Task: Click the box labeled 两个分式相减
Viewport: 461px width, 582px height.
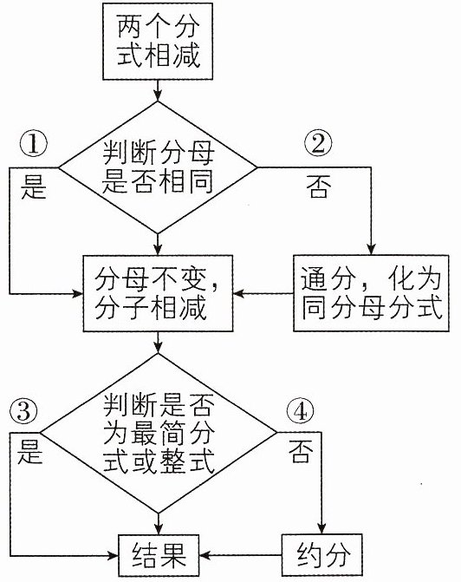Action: click(x=158, y=42)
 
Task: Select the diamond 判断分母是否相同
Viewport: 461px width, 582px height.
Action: click(x=158, y=167)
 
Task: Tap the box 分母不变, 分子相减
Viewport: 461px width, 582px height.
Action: click(x=158, y=293)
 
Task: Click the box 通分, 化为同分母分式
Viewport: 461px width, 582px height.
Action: click(x=371, y=293)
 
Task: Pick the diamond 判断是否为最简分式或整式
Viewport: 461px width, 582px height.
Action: click(x=159, y=433)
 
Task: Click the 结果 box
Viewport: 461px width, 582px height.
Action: click(x=159, y=555)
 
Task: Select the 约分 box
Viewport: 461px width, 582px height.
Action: click(x=322, y=555)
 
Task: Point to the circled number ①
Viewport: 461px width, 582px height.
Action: click(x=34, y=145)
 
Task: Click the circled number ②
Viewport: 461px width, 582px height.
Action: click(x=318, y=144)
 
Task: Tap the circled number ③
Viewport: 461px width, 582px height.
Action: click(x=23, y=412)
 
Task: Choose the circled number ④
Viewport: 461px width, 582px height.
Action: click(x=301, y=412)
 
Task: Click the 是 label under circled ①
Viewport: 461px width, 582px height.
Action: click(x=34, y=187)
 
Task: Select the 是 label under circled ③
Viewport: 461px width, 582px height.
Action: click(x=29, y=452)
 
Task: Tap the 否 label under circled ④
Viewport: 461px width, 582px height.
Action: click(x=301, y=451)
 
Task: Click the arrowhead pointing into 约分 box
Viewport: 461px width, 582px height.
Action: click(x=322, y=529)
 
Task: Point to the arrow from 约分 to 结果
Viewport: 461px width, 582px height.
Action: click(x=240, y=555)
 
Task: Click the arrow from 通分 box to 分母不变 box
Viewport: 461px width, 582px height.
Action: click(x=263, y=293)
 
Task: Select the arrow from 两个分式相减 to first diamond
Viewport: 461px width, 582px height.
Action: click(x=158, y=90)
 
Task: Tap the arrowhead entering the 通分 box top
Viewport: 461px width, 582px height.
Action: click(x=371, y=250)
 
